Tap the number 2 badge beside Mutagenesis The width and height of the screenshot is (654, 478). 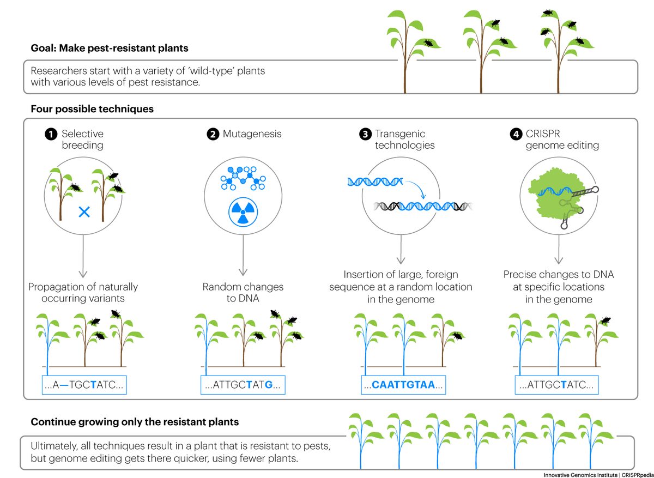214,134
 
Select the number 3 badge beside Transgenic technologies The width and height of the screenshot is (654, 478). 365,134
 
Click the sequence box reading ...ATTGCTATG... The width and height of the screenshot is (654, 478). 243,385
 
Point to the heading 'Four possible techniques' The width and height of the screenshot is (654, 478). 92,109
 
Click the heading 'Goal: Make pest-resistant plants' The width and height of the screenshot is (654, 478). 110,48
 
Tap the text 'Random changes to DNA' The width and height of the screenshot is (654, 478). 243,293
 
